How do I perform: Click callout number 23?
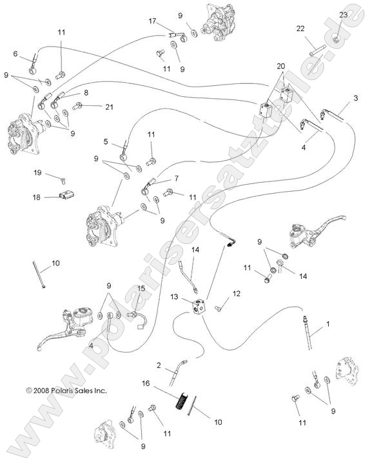343,15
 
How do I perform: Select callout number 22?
300,28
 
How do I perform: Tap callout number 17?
152,21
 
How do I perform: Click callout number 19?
37,172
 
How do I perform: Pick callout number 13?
174,296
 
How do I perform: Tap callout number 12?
237,294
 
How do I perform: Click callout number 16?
146,383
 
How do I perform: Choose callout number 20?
280,67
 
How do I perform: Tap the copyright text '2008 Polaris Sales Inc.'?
66,390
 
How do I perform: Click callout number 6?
15,54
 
